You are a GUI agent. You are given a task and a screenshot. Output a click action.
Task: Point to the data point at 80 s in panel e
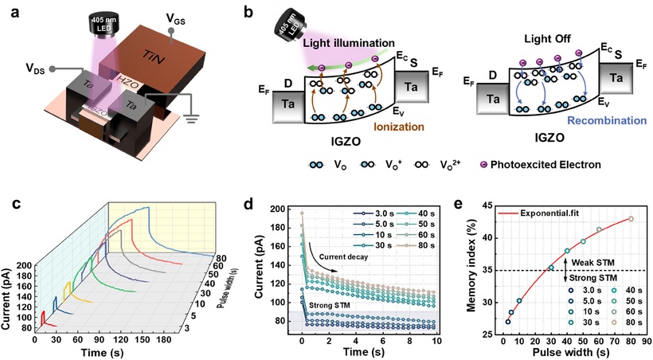pos(631,218)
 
